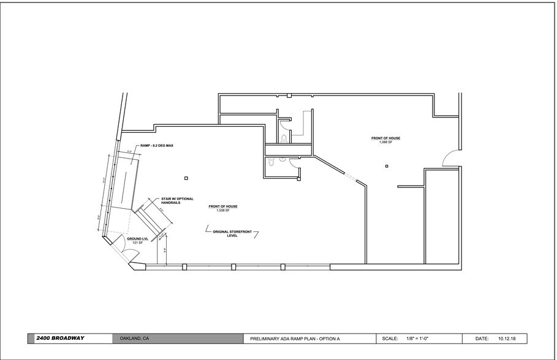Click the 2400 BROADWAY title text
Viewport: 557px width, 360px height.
[x=60, y=338]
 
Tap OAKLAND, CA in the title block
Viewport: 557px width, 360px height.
[x=134, y=338]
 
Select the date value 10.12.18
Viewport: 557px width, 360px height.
[x=508, y=338]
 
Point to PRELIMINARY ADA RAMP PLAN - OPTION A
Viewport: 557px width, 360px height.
[x=295, y=338]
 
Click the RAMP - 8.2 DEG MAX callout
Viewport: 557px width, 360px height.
[x=157, y=146]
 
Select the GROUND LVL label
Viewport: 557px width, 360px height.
[x=134, y=239]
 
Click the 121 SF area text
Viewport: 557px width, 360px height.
[x=137, y=243]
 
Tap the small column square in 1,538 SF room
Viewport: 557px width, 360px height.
[x=186, y=178]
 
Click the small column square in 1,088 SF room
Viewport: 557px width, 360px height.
[x=387, y=165]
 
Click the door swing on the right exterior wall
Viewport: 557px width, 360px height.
[x=451, y=158]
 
